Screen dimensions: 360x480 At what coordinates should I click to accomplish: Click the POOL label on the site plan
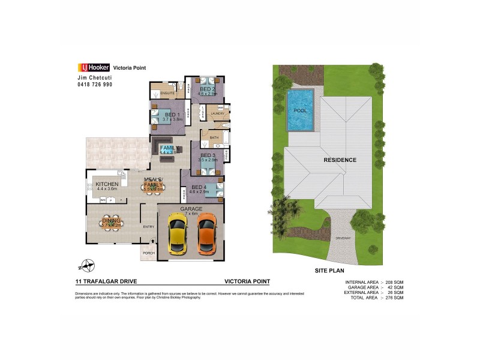tap(300, 111)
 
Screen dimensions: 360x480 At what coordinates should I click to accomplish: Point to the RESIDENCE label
tap(340, 160)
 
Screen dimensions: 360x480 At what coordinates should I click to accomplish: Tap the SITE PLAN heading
tap(329, 271)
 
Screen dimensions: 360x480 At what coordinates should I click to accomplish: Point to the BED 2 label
tap(208, 89)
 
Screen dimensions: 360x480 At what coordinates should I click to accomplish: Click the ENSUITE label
tap(168, 94)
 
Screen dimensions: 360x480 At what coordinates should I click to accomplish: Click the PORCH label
tap(148, 253)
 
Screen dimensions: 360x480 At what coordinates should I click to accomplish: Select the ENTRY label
tap(149, 227)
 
